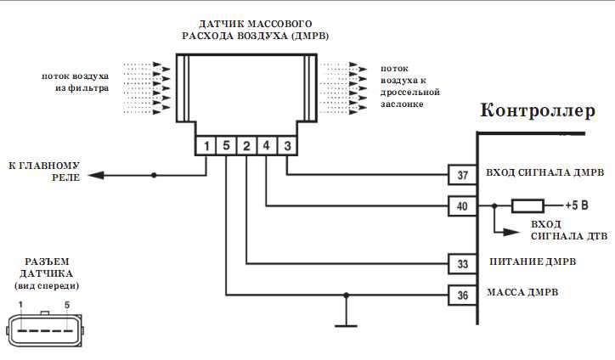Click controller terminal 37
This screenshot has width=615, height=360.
[462, 176]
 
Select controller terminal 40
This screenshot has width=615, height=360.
[462, 205]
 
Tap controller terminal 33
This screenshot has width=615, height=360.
[462, 264]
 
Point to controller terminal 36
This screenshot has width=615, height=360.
[462, 295]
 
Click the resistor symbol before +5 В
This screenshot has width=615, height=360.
[528, 205]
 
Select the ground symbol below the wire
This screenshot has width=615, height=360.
[345, 323]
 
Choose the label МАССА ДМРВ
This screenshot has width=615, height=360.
[522, 293]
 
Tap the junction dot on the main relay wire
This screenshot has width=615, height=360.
[154, 176]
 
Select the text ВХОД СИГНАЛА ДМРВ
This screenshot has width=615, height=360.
[544, 173]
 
